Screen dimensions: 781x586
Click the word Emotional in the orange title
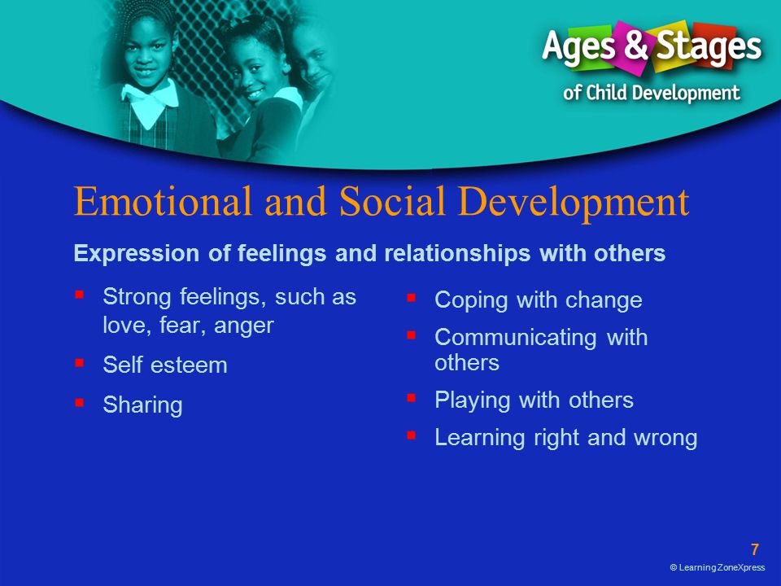[163, 201]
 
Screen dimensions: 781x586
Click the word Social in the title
[392, 201]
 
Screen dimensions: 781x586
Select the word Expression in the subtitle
[137, 254]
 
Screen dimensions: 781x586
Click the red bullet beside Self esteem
[79, 362]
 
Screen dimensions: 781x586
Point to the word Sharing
[142, 405]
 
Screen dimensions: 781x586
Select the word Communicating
[516, 338]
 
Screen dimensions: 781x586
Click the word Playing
[472, 400]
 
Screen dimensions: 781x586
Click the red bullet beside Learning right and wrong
[411, 435]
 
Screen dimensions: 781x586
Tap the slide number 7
[755, 549]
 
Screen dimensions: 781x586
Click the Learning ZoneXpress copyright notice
[718, 567]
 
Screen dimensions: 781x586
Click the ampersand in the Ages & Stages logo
[635, 44]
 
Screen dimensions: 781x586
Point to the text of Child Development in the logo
[652, 93]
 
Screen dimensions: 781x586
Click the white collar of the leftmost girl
[150, 103]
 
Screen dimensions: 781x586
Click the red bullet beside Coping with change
[411, 298]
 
